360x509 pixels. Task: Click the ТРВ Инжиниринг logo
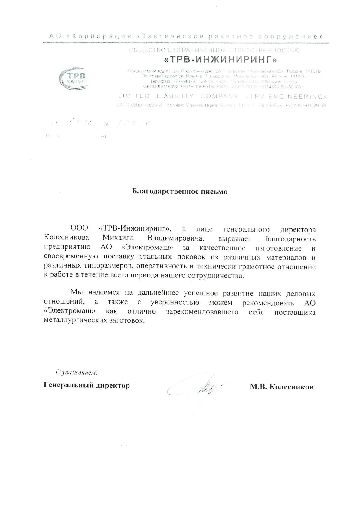click(x=74, y=78)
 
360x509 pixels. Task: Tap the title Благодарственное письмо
click(x=180, y=192)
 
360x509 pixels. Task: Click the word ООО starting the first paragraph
click(x=79, y=229)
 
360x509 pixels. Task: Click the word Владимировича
click(x=180, y=238)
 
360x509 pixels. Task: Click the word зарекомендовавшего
click(x=202, y=312)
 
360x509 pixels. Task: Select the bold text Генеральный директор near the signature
click(x=87, y=385)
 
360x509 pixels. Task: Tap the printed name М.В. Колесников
click(x=281, y=387)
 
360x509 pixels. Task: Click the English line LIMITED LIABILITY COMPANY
click(x=178, y=97)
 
